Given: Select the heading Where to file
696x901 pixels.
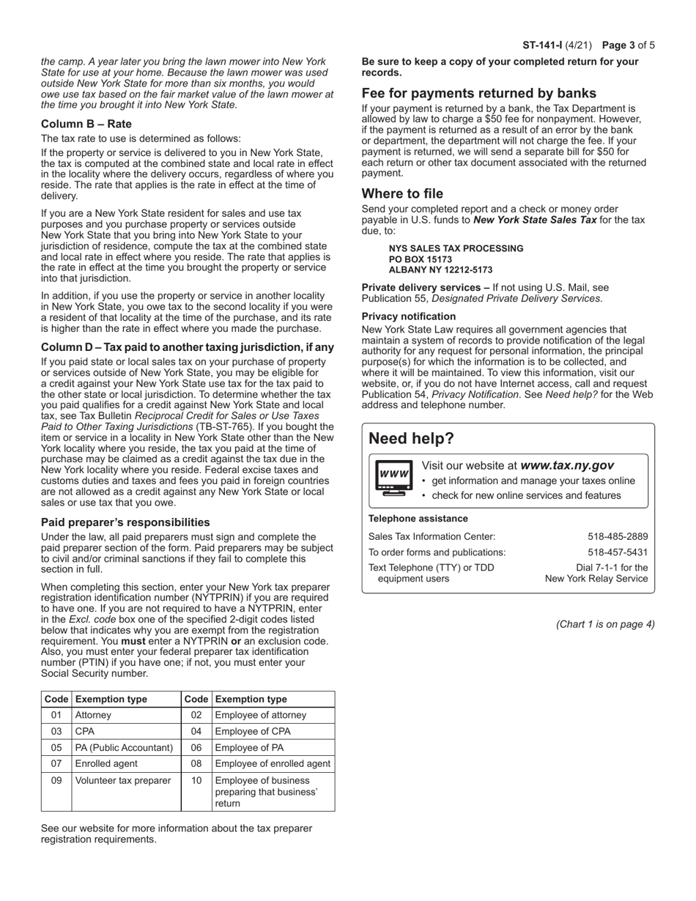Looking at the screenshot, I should tap(402, 194).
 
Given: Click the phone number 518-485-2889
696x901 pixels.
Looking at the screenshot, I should tap(618, 536).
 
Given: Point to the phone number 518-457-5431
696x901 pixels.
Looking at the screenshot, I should tap(618, 552).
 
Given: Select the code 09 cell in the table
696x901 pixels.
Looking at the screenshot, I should tap(56, 780).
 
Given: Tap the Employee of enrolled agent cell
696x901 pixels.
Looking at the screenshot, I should tap(273, 763).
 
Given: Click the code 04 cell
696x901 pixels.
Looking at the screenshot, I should tap(196, 731).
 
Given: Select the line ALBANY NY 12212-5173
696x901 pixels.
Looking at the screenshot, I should tap(440, 270).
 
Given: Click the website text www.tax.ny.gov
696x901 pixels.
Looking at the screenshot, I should tap(567, 465).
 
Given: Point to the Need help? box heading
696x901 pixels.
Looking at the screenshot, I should tap(411, 439).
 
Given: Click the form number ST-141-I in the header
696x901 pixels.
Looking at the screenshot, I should tap(541, 45).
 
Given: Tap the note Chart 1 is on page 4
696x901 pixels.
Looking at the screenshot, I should tap(605, 624).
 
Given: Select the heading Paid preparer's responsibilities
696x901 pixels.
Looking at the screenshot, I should tap(125, 522).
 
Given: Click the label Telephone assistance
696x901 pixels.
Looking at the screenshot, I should tap(418, 519).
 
